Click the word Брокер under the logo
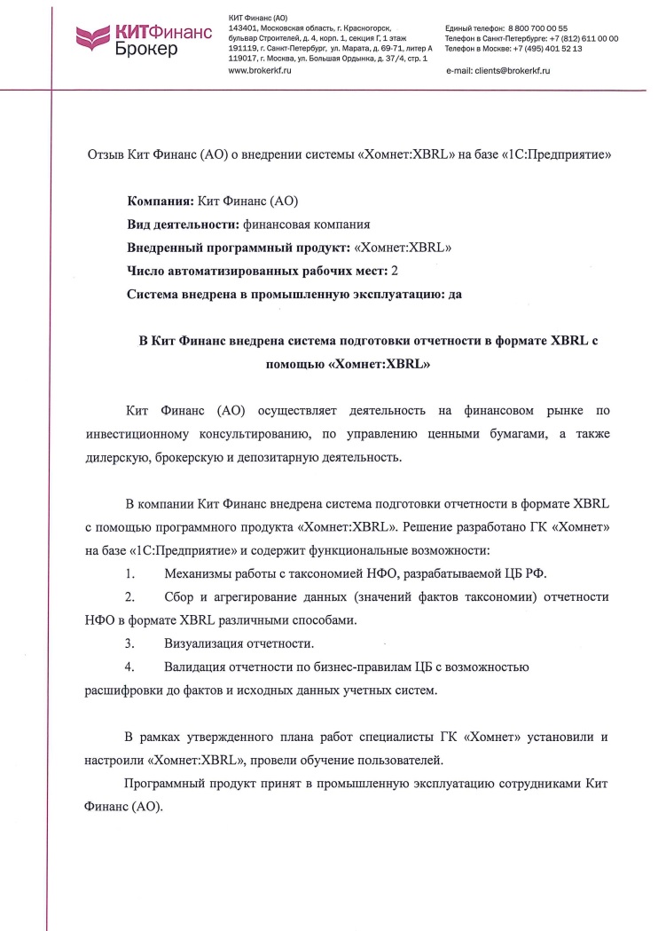click(x=146, y=49)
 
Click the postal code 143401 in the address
click(x=243, y=29)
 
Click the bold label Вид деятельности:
click(x=183, y=225)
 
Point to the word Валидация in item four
click(x=195, y=667)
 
